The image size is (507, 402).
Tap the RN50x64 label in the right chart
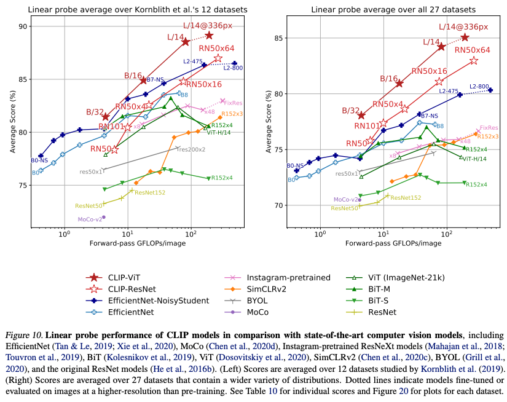472,50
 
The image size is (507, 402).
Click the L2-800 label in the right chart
479,87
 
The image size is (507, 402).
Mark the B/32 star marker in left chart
105,117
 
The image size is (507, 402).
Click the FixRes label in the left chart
233,103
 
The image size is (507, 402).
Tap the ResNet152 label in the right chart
406,197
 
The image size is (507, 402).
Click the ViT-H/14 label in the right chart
474,159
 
